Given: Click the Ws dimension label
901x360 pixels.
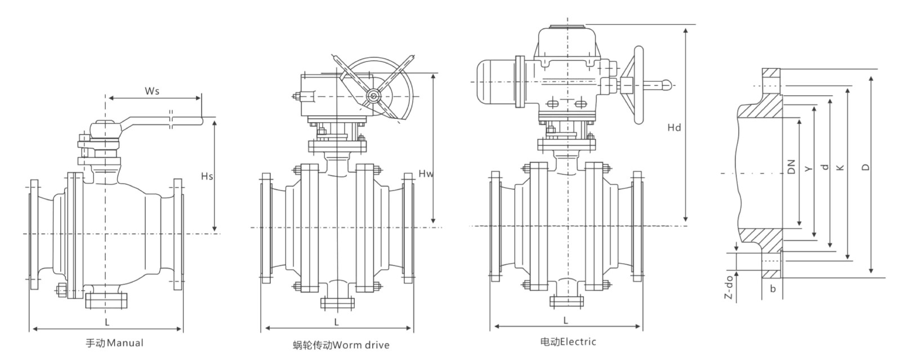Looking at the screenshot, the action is (x=152, y=91).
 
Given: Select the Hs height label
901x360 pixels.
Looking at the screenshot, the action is (x=207, y=176).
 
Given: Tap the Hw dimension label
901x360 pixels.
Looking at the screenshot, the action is (x=426, y=174).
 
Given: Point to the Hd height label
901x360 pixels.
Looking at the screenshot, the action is (x=674, y=127).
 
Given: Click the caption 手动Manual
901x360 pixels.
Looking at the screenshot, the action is (x=115, y=343).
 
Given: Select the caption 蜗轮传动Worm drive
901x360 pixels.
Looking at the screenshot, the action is (x=341, y=345).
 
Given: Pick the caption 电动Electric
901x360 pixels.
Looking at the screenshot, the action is (x=568, y=342).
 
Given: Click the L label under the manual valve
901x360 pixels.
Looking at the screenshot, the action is (x=107, y=322).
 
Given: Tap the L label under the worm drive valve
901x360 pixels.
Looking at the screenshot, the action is (x=336, y=322).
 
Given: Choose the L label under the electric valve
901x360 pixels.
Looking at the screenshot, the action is (x=565, y=320).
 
